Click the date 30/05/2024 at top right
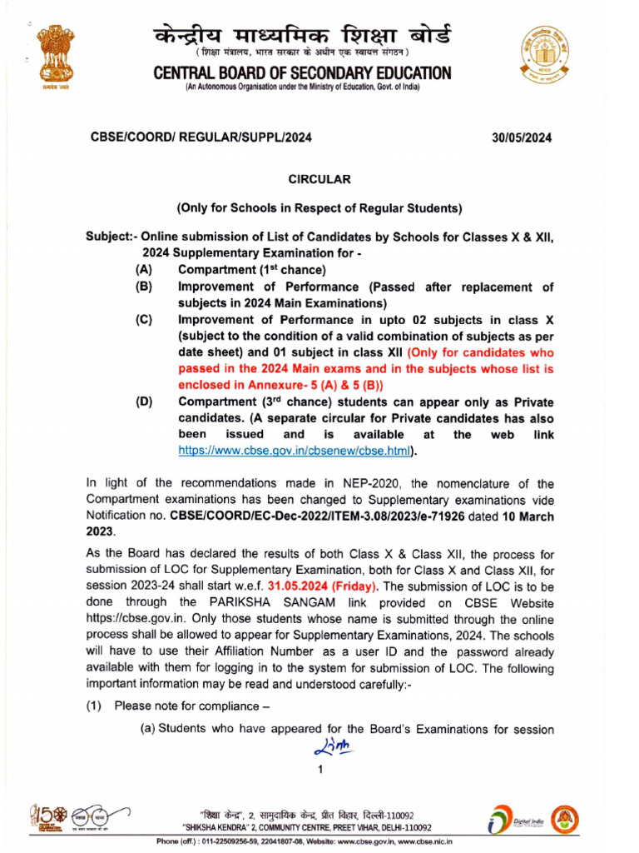(521, 137)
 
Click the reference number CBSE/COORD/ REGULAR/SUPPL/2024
(201, 137)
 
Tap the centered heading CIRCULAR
(319, 179)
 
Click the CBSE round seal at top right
(547, 54)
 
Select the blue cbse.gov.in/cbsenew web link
(296, 450)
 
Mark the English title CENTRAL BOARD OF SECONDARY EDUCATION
(302, 73)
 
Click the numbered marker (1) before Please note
(96, 706)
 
